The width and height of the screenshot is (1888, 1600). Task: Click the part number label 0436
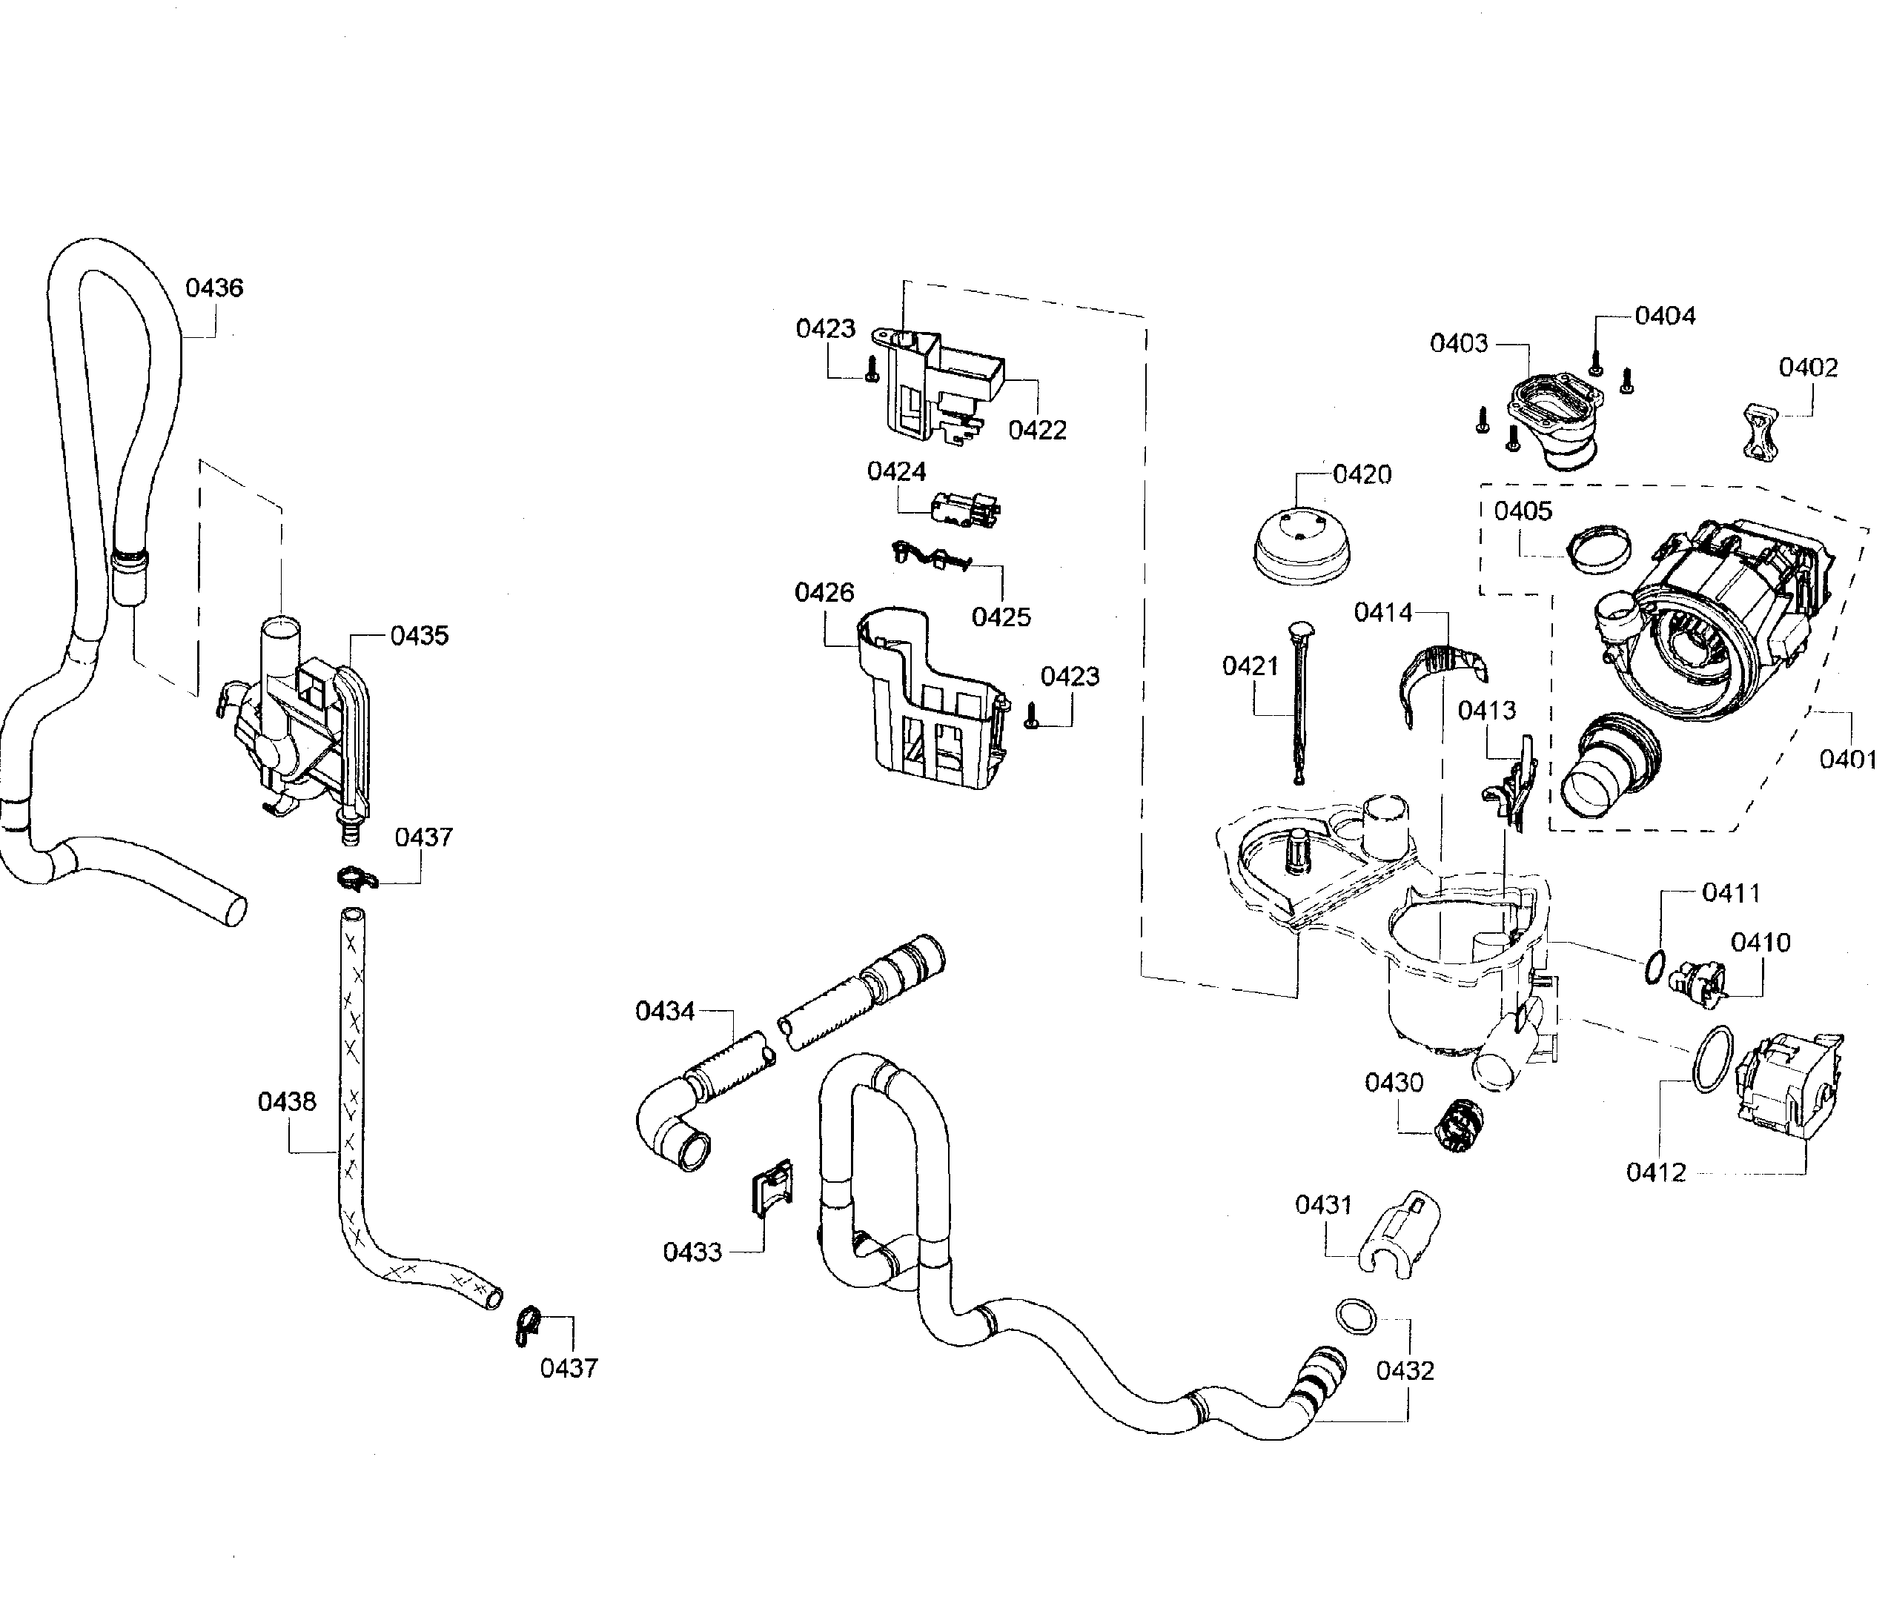[214, 288]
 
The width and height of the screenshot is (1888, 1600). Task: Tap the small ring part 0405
[1600, 550]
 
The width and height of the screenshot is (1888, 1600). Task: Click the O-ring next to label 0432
[1354, 1316]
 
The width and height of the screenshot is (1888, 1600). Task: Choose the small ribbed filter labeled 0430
[1456, 1125]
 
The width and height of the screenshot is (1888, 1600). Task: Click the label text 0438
[287, 1102]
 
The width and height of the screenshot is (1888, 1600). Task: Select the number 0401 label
[1847, 759]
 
